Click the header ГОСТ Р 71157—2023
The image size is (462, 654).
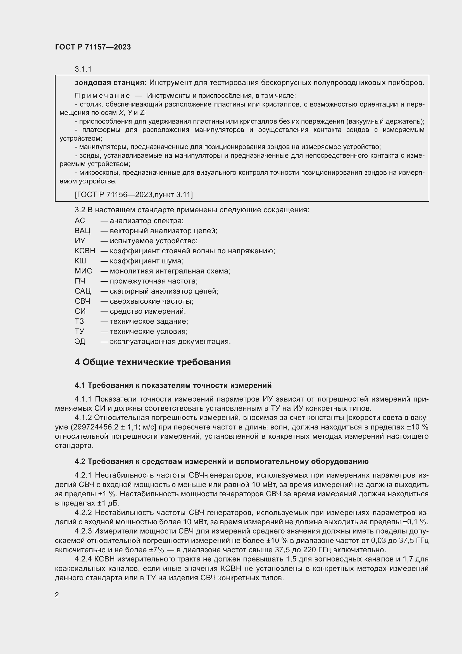(93, 47)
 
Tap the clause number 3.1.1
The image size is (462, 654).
(83, 69)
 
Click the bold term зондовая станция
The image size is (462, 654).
(111, 82)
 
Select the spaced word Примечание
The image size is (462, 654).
(103, 96)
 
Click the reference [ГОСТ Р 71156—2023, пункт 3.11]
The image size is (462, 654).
(134, 195)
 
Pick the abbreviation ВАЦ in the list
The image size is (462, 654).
(82, 231)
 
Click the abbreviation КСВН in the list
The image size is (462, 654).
(85, 251)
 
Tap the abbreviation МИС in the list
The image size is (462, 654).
(83, 271)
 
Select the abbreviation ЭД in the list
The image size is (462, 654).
(80, 341)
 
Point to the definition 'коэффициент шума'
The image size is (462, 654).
(147, 261)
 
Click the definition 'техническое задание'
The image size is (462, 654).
(149, 321)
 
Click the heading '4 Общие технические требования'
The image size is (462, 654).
(153, 362)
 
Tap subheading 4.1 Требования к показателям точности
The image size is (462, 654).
(173, 385)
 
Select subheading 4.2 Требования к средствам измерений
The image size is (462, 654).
(221, 461)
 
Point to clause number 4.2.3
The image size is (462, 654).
(83, 531)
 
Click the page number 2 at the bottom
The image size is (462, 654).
(57, 595)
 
